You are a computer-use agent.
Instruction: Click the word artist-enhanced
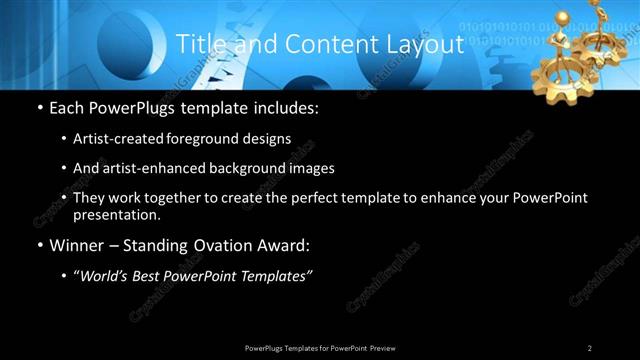(x=153, y=169)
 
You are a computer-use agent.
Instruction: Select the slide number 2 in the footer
(x=589, y=347)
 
